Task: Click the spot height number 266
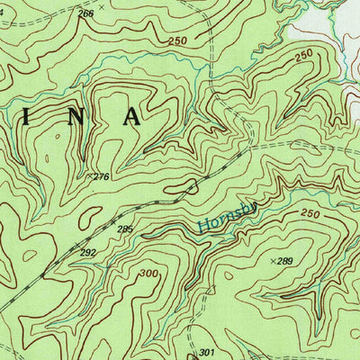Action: [85, 13]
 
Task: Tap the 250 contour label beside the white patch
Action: [303, 55]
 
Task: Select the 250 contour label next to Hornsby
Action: [310, 213]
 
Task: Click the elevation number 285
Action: [124, 229]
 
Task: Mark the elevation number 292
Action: [86, 253]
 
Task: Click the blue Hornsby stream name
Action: [225, 219]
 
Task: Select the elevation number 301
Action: [208, 352]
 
